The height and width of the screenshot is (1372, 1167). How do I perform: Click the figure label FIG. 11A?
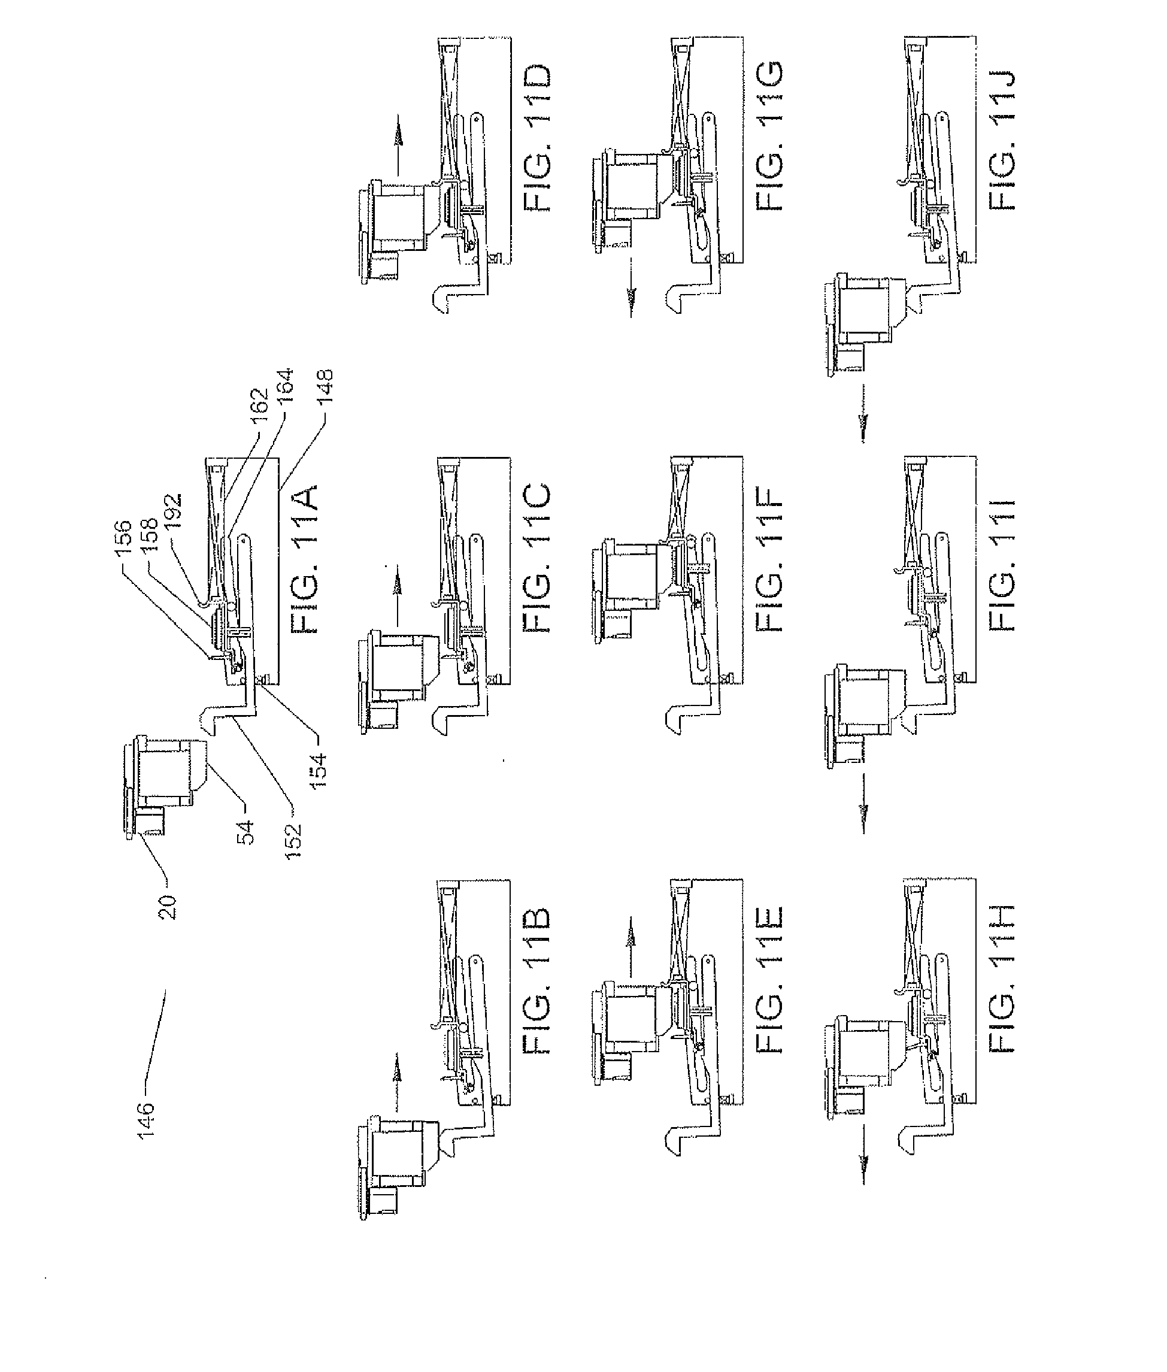tap(304, 559)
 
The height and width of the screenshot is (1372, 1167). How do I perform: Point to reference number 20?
tap(168, 905)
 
